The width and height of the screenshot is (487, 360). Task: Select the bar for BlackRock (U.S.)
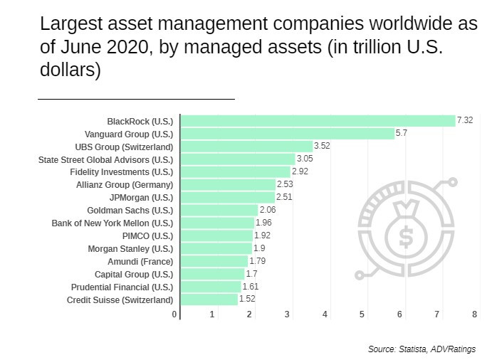pos(318,121)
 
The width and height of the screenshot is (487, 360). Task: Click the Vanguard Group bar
pos(287,134)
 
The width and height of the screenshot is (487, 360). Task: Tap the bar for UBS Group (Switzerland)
pos(246,147)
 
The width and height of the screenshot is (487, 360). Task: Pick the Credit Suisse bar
pos(209,300)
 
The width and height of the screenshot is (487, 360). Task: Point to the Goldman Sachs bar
pos(219,210)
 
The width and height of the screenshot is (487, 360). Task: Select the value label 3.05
pos(305,159)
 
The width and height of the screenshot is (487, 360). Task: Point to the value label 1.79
pos(258,261)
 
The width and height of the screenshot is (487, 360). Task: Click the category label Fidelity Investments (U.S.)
pos(122,172)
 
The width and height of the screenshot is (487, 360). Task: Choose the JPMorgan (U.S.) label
pos(141,198)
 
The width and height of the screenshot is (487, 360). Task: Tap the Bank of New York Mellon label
pos(112,223)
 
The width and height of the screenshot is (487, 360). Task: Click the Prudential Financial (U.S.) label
pos(122,287)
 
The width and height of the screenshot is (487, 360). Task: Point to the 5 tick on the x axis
pos(362,314)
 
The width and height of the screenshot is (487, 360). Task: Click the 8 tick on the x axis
pos(474,314)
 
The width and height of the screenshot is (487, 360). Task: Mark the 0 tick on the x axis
pos(174,314)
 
